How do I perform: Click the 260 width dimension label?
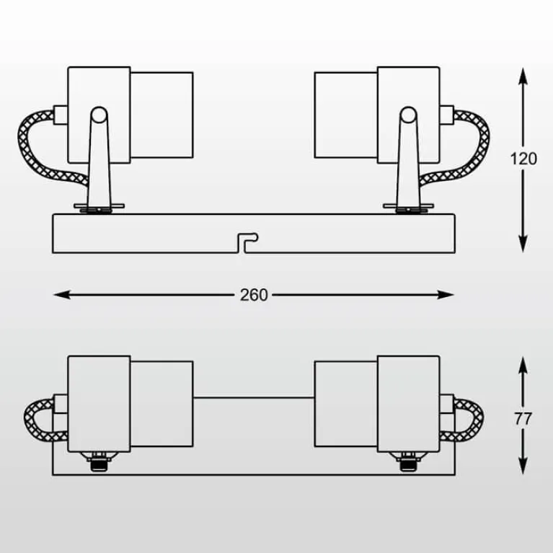click(x=254, y=295)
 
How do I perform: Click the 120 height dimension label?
click(x=523, y=159)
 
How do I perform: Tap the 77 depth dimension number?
click(x=523, y=419)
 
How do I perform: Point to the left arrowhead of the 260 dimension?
click(x=62, y=294)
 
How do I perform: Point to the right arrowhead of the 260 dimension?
click(x=446, y=294)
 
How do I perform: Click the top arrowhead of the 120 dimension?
click(x=523, y=76)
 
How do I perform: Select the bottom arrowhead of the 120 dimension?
click(x=523, y=244)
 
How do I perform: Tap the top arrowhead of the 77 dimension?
click(x=523, y=365)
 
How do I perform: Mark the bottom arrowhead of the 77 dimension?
click(x=523, y=466)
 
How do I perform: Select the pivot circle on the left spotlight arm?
click(x=99, y=115)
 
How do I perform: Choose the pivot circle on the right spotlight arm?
click(x=408, y=115)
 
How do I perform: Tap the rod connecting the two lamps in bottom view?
click(x=254, y=397)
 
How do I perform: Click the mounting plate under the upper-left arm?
click(x=99, y=205)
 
